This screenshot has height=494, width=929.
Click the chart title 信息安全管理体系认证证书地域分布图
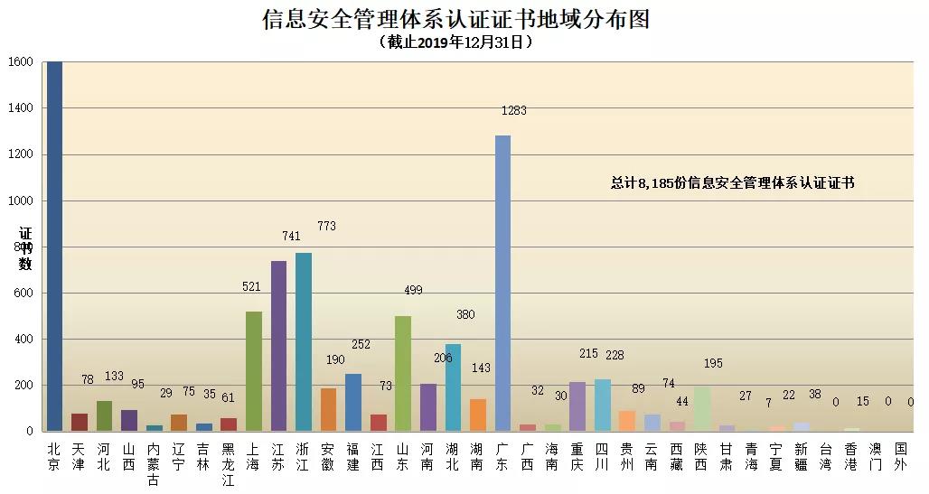(x=455, y=19)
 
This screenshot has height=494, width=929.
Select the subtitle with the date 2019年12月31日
(x=455, y=42)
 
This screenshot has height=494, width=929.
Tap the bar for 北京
(x=54, y=247)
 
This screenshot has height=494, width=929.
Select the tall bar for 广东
(x=503, y=284)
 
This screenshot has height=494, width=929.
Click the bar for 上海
(x=254, y=371)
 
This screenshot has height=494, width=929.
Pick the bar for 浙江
(x=304, y=341)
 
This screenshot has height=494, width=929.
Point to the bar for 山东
(x=403, y=374)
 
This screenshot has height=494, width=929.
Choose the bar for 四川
(x=603, y=405)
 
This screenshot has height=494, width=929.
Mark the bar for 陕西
(x=702, y=409)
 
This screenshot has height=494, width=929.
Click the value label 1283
(x=513, y=110)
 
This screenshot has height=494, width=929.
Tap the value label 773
(x=326, y=226)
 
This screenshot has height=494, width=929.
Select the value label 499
(x=413, y=290)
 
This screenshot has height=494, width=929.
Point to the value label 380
(x=465, y=314)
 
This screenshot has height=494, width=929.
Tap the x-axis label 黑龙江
(x=228, y=465)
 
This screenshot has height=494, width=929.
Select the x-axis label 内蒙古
(x=154, y=465)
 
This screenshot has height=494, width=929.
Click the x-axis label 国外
(x=900, y=457)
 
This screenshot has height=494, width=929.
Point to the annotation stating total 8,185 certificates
(x=732, y=182)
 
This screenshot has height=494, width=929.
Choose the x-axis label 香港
(x=850, y=457)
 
